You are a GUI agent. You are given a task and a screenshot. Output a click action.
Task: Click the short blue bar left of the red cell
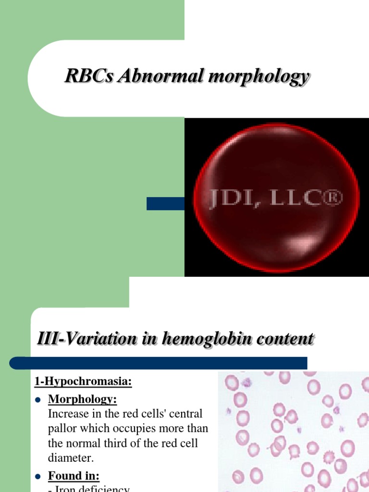[165, 204]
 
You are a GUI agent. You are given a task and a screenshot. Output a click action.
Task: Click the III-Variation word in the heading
[80, 339]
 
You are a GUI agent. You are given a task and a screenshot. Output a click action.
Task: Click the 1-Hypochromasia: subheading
[83, 382]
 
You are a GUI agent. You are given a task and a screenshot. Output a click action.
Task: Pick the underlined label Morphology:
[82, 399]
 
